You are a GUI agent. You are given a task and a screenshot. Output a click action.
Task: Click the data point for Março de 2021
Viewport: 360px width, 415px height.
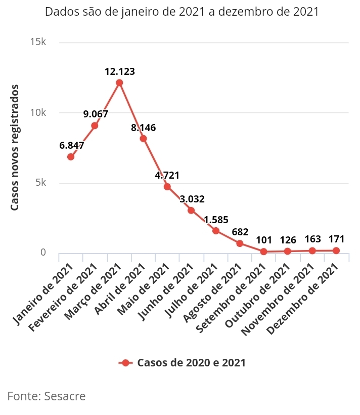[x=119, y=82]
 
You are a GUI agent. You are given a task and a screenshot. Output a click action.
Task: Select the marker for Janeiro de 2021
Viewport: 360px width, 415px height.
[x=71, y=157]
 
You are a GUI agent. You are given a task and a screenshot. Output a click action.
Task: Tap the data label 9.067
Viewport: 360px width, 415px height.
[x=96, y=114]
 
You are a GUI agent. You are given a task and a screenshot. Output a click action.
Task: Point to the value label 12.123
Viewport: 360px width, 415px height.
[x=120, y=72]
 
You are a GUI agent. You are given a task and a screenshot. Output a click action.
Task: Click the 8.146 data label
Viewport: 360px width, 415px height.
[x=143, y=128]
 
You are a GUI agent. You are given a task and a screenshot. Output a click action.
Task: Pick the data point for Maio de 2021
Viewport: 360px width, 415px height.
[x=167, y=187]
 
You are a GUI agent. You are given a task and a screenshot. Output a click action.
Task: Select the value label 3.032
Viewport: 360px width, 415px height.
[x=192, y=199]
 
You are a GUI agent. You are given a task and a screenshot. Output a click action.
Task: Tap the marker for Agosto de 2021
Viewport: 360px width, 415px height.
[x=240, y=243]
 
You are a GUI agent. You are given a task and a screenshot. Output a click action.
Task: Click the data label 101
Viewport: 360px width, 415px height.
[x=264, y=239]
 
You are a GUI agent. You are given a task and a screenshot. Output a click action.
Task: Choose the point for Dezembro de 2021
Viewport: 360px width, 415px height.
[x=336, y=251]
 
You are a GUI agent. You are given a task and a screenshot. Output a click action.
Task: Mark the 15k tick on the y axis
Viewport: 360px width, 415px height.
[x=38, y=42]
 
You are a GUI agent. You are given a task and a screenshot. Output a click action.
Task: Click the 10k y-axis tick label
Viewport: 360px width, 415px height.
[x=38, y=112]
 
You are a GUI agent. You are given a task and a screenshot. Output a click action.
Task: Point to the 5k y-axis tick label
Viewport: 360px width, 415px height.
[x=40, y=183]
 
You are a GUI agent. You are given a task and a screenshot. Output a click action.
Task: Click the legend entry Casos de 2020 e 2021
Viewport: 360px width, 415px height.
[x=183, y=363]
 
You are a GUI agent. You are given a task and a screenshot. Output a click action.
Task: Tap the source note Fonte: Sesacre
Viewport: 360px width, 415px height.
[x=47, y=396]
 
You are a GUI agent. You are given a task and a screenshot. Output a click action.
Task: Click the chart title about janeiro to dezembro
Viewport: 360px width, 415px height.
[x=182, y=12]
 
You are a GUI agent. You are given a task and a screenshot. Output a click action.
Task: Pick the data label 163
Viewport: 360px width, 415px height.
[x=312, y=238]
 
